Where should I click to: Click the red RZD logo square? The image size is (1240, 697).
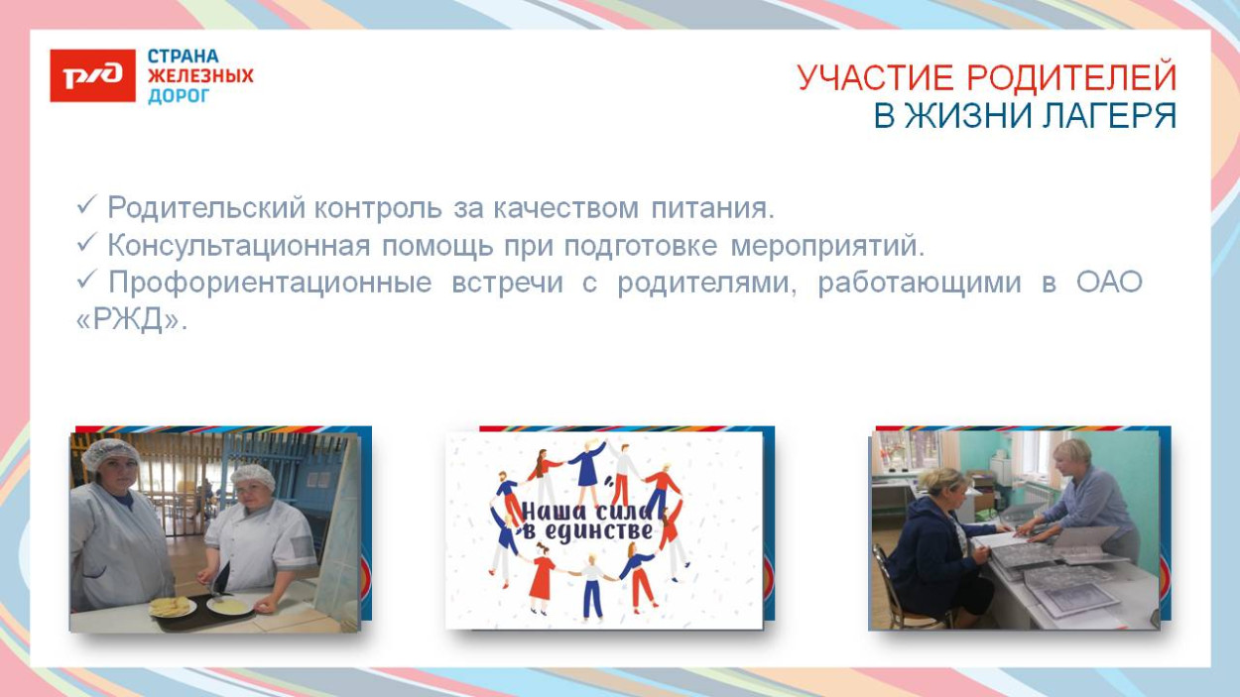(92, 75)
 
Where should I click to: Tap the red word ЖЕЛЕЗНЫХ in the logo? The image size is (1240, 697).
(200, 76)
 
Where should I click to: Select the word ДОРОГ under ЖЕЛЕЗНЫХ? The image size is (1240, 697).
(179, 96)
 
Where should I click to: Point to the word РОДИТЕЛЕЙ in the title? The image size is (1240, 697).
(1070, 78)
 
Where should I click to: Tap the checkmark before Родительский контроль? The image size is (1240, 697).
(86, 206)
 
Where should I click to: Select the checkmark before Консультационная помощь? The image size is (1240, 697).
(86, 244)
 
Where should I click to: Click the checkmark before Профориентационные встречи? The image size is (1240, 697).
(86, 282)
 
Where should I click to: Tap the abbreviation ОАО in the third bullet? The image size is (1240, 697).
(1109, 283)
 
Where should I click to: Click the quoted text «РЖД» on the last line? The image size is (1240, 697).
(131, 321)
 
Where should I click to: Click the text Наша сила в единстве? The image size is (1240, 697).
(587, 522)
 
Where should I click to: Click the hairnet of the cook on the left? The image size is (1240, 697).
(110, 453)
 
